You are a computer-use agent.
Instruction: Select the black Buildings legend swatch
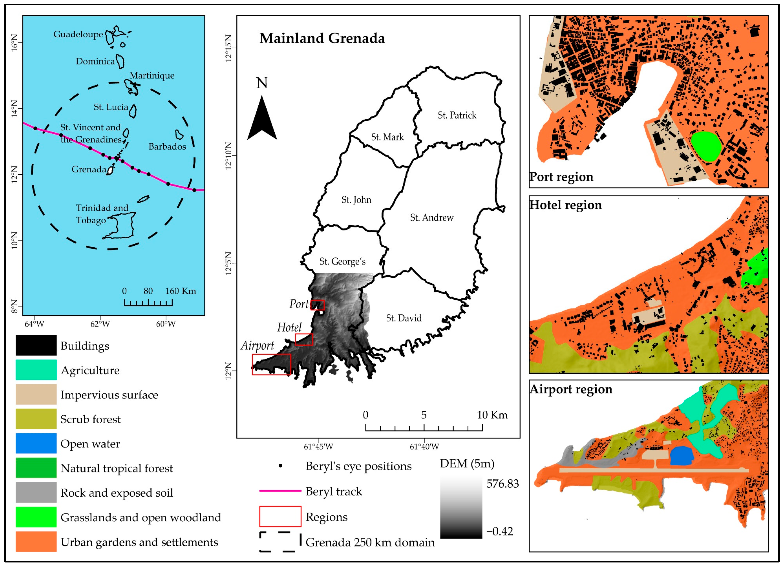pos(36,345)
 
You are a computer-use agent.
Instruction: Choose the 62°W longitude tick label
pos(100,324)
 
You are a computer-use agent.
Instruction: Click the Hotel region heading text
pos(566,205)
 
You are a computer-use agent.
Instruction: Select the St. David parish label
pos(403,318)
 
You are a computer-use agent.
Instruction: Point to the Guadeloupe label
pos(78,34)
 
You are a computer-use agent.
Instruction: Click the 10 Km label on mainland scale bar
pos(492,415)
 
